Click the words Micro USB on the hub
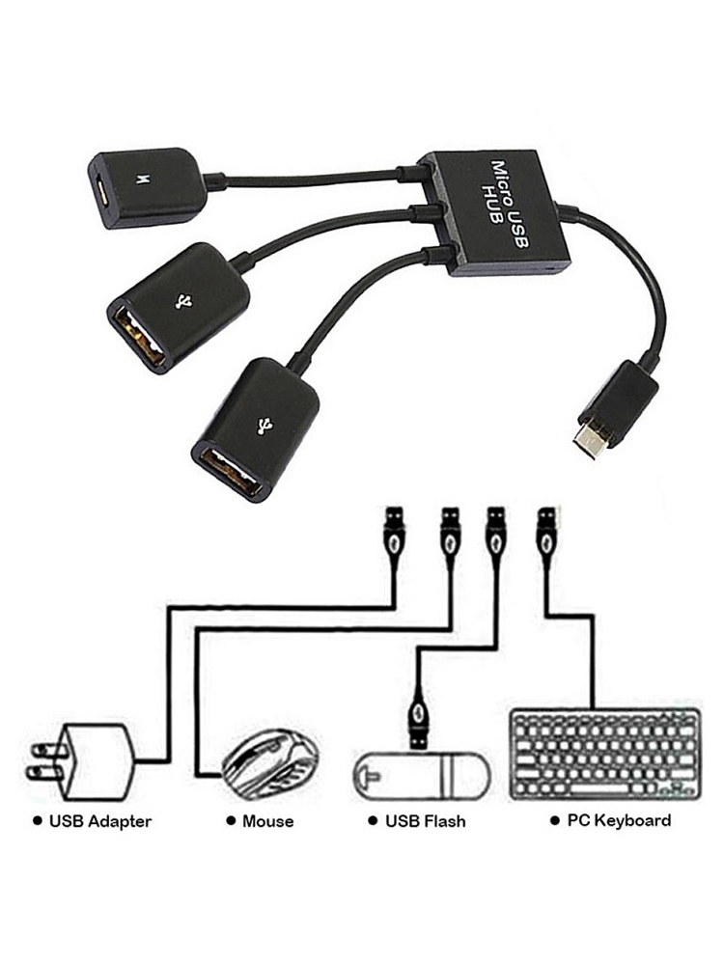[x=509, y=203]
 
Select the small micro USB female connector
[x=145, y=187]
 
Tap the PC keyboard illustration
[x=605, y=756]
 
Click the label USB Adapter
[x=100, y=821]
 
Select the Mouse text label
[x=267, y=821]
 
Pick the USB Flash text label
[x=426, y=821]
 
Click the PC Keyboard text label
[x=619, y=820]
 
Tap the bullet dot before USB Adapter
[x=39, y=821]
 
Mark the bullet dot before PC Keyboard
[x=555, y=820]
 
